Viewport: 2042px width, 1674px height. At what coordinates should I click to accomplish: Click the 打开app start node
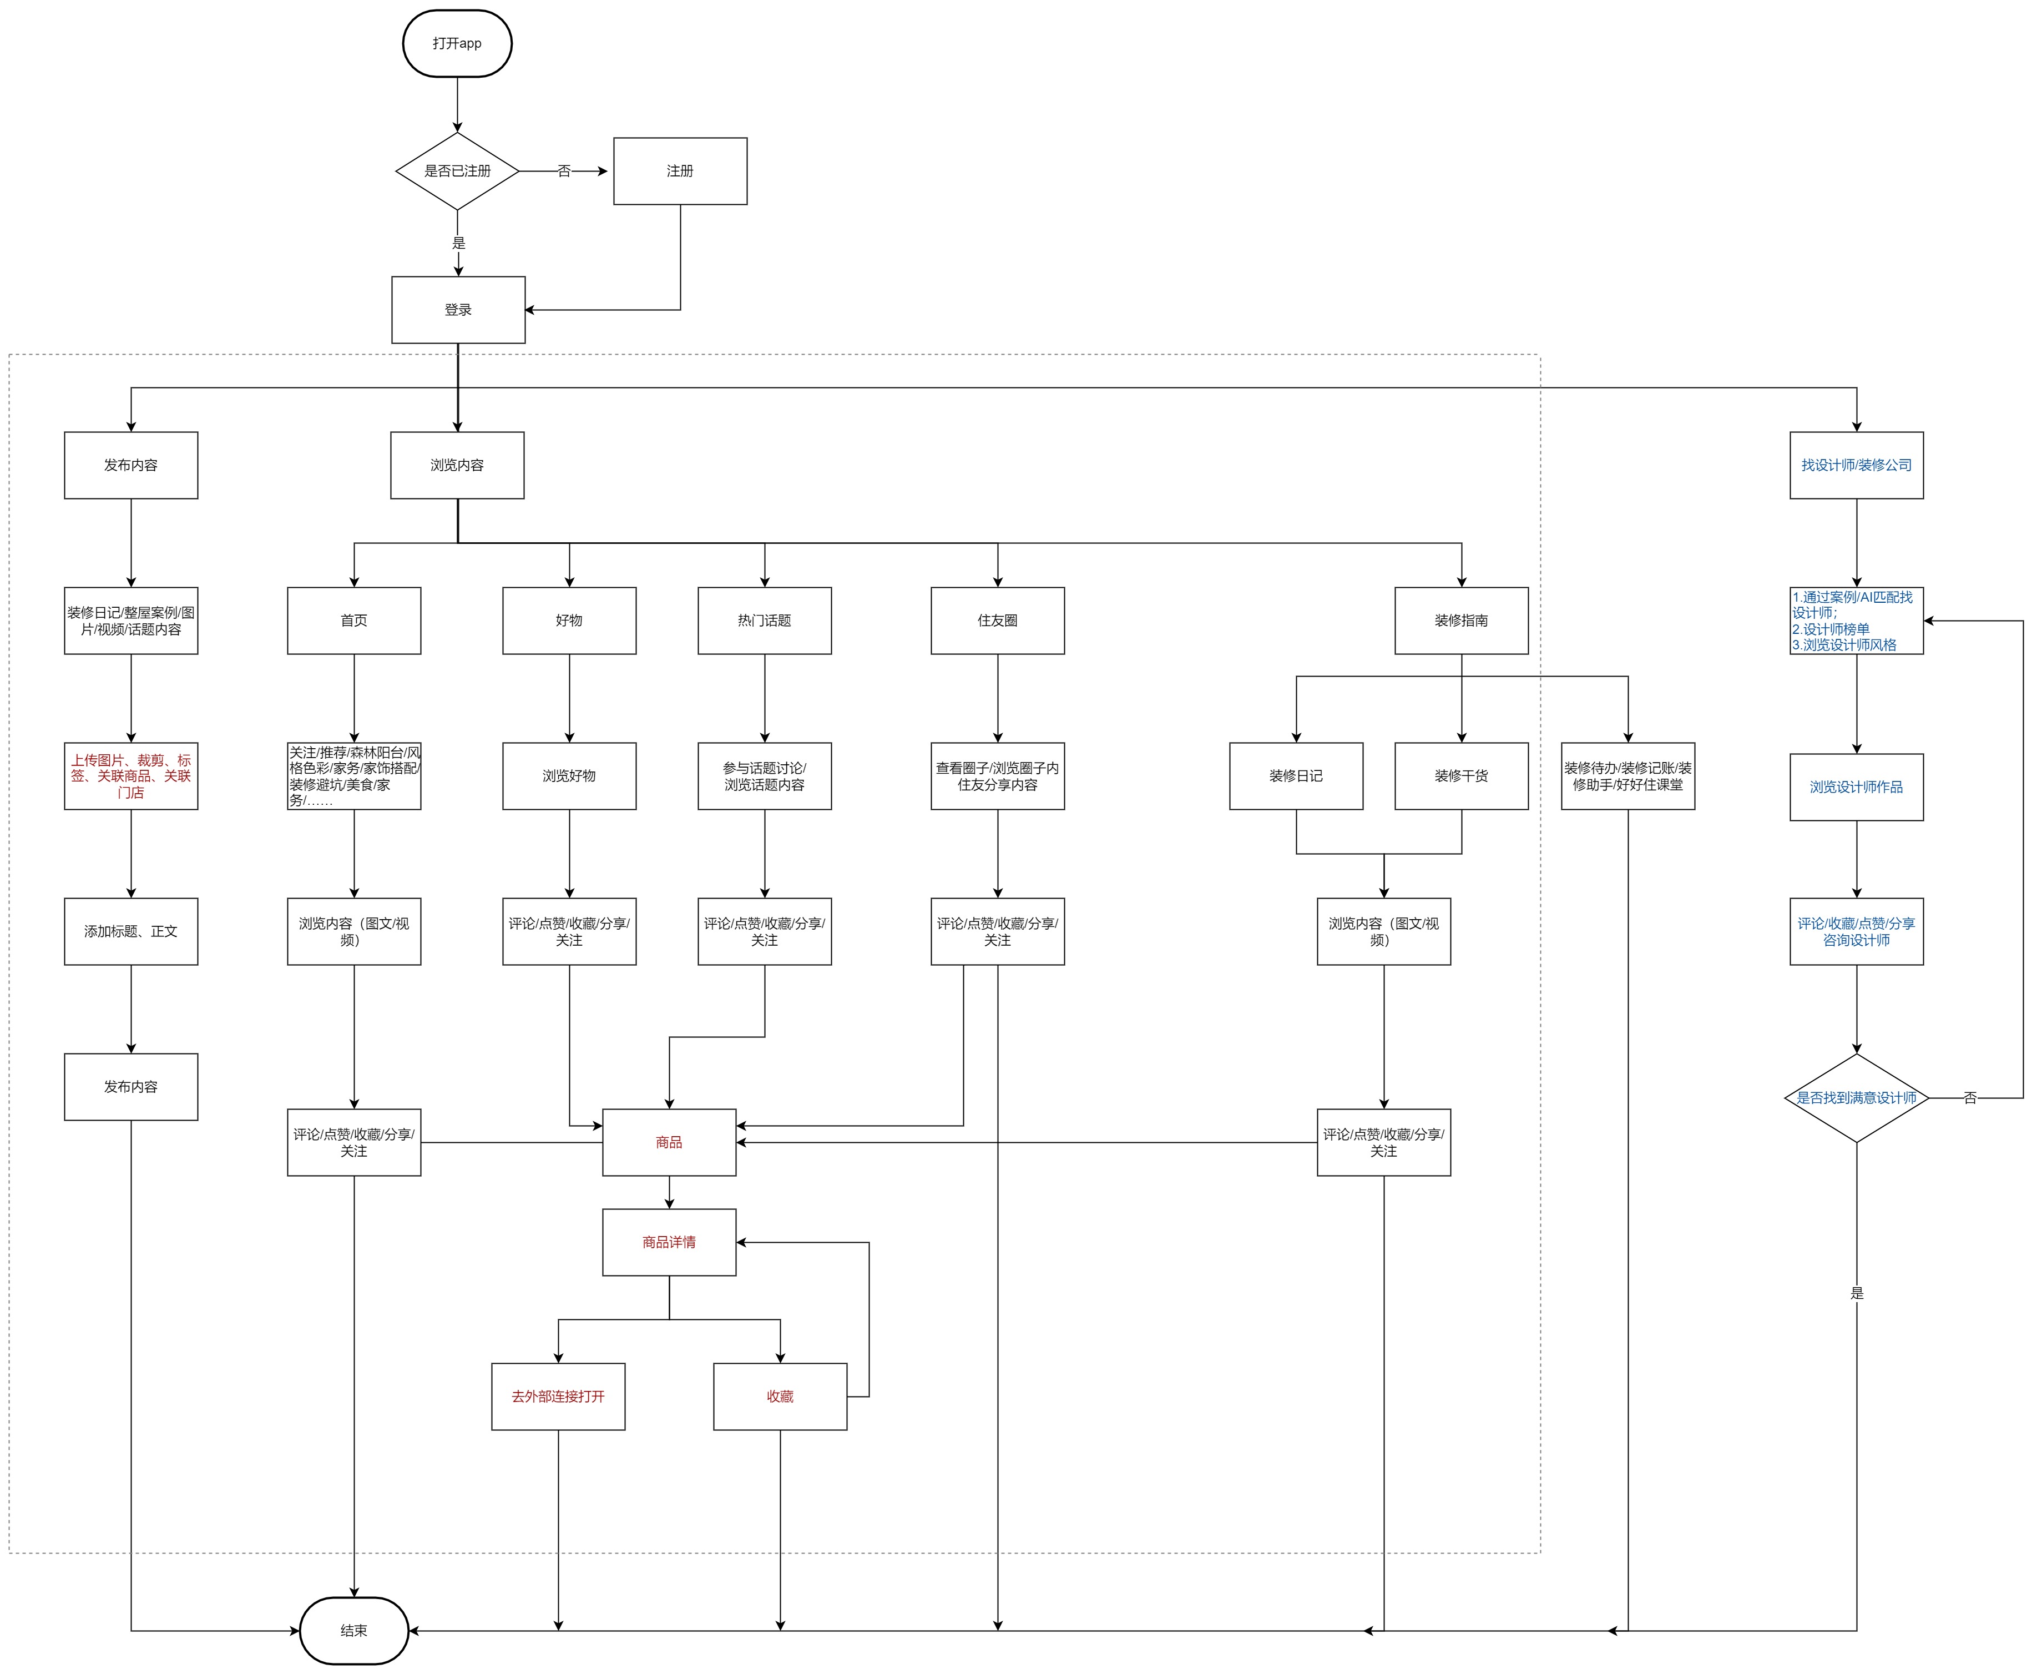coord(457,43)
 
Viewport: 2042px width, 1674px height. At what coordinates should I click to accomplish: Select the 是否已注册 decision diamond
coord(457,171)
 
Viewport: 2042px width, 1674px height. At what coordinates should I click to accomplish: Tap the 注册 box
coord(680,171)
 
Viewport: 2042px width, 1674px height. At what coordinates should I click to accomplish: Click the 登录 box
coord(458,310)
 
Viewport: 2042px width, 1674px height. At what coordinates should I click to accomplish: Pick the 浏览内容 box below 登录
coord(457,465)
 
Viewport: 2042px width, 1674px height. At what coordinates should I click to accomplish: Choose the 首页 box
coord(354,620)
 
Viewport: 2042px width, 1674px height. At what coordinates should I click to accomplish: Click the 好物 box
coord(569,620)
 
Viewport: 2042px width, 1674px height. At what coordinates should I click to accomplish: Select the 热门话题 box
coord(765,620)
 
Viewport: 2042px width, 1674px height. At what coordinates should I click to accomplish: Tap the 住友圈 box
coord(997,620)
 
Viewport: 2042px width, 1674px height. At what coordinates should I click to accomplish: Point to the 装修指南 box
coord(1460,620)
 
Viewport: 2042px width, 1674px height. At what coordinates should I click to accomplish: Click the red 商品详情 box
coord(669,1242)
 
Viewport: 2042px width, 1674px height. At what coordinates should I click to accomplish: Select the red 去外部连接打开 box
coord(558,1396)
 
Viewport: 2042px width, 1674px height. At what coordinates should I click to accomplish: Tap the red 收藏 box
coord(780,1396)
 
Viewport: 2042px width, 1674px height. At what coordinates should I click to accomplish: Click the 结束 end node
coord(354,1631)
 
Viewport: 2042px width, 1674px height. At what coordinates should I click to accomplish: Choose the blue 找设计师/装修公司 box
coord(1856,465)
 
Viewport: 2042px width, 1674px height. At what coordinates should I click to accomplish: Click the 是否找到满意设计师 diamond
coord(1856,1097)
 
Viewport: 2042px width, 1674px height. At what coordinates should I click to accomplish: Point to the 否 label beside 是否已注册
coord(564,171)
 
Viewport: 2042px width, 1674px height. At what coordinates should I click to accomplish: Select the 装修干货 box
coord(1460,775)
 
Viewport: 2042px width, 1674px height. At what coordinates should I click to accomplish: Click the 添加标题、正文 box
coord(131,931)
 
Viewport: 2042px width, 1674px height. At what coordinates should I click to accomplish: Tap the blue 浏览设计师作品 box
coord(1856,787)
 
